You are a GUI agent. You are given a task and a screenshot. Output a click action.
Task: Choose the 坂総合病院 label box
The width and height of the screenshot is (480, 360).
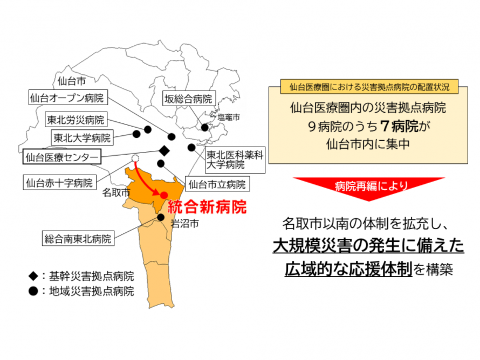189,99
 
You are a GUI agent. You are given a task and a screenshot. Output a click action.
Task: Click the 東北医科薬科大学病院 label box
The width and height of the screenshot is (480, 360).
235,160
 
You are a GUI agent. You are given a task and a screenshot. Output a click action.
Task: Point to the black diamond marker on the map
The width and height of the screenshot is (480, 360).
164,151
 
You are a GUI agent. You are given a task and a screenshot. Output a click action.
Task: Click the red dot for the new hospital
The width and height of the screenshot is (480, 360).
164,195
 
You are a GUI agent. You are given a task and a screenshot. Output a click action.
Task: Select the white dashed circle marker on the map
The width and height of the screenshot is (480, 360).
135,158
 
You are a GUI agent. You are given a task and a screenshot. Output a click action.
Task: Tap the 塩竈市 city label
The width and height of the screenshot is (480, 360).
228,117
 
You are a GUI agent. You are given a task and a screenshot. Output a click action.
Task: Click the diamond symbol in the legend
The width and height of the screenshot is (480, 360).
33,276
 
